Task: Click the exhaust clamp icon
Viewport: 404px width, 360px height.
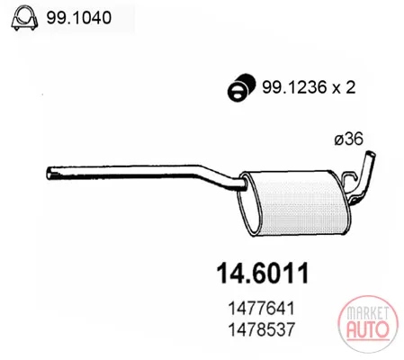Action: point(24,19)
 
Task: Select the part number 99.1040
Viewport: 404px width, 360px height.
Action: point(79,18)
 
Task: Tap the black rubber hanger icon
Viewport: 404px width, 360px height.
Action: point(241,86)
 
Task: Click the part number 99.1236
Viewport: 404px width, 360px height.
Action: point(294,87)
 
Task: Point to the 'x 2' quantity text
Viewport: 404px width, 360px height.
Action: point(344,87)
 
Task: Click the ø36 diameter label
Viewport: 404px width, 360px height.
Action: point(348,139)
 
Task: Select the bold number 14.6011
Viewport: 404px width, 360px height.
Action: point(263,274)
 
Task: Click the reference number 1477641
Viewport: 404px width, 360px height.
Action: point(262,308)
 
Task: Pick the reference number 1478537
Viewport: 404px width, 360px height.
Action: point(262,329)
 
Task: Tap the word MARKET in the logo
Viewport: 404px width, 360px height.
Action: point(368,313)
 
